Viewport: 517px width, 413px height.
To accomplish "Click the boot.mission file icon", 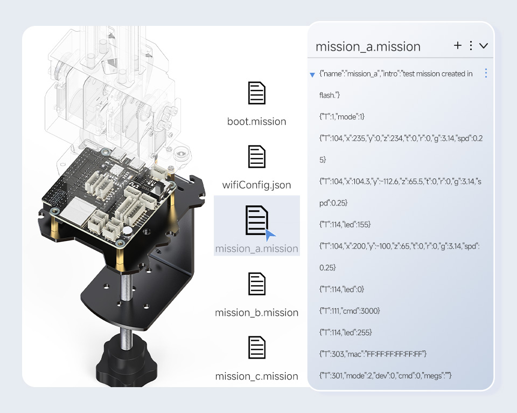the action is [x=256, y=93].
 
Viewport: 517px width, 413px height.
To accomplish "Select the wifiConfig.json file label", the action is [x=256, y=185].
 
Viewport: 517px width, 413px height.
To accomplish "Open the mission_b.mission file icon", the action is [x=256, y=284].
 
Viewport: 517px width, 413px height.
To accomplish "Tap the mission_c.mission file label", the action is [x=256, y=376].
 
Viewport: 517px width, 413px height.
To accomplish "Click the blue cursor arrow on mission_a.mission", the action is [x=270, y=235].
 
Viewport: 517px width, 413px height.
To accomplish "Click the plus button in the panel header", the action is [x=458, y=45].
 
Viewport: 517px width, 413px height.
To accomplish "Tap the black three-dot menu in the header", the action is [x=471, y=45].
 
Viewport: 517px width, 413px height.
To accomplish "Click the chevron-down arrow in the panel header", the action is [x=484, y=46].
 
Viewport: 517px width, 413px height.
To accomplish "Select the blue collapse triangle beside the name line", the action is [x=312, y=75].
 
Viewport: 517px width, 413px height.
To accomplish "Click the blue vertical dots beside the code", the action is [x=486, y=73].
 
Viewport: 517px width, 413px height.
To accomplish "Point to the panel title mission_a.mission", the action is [x=368, y=46].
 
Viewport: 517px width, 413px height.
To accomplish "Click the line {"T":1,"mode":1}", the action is [x=341, y=116].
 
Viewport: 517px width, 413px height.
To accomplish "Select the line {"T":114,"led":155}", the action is [x=345, y=224].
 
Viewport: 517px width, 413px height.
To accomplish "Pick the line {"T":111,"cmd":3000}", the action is [x=350, y=311].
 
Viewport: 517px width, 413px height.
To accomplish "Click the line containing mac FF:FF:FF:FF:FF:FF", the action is [x=373, y=354].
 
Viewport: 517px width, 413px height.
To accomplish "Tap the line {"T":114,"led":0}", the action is [x=341, y=289].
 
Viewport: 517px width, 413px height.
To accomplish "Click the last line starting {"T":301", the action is [x=385, y=375].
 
